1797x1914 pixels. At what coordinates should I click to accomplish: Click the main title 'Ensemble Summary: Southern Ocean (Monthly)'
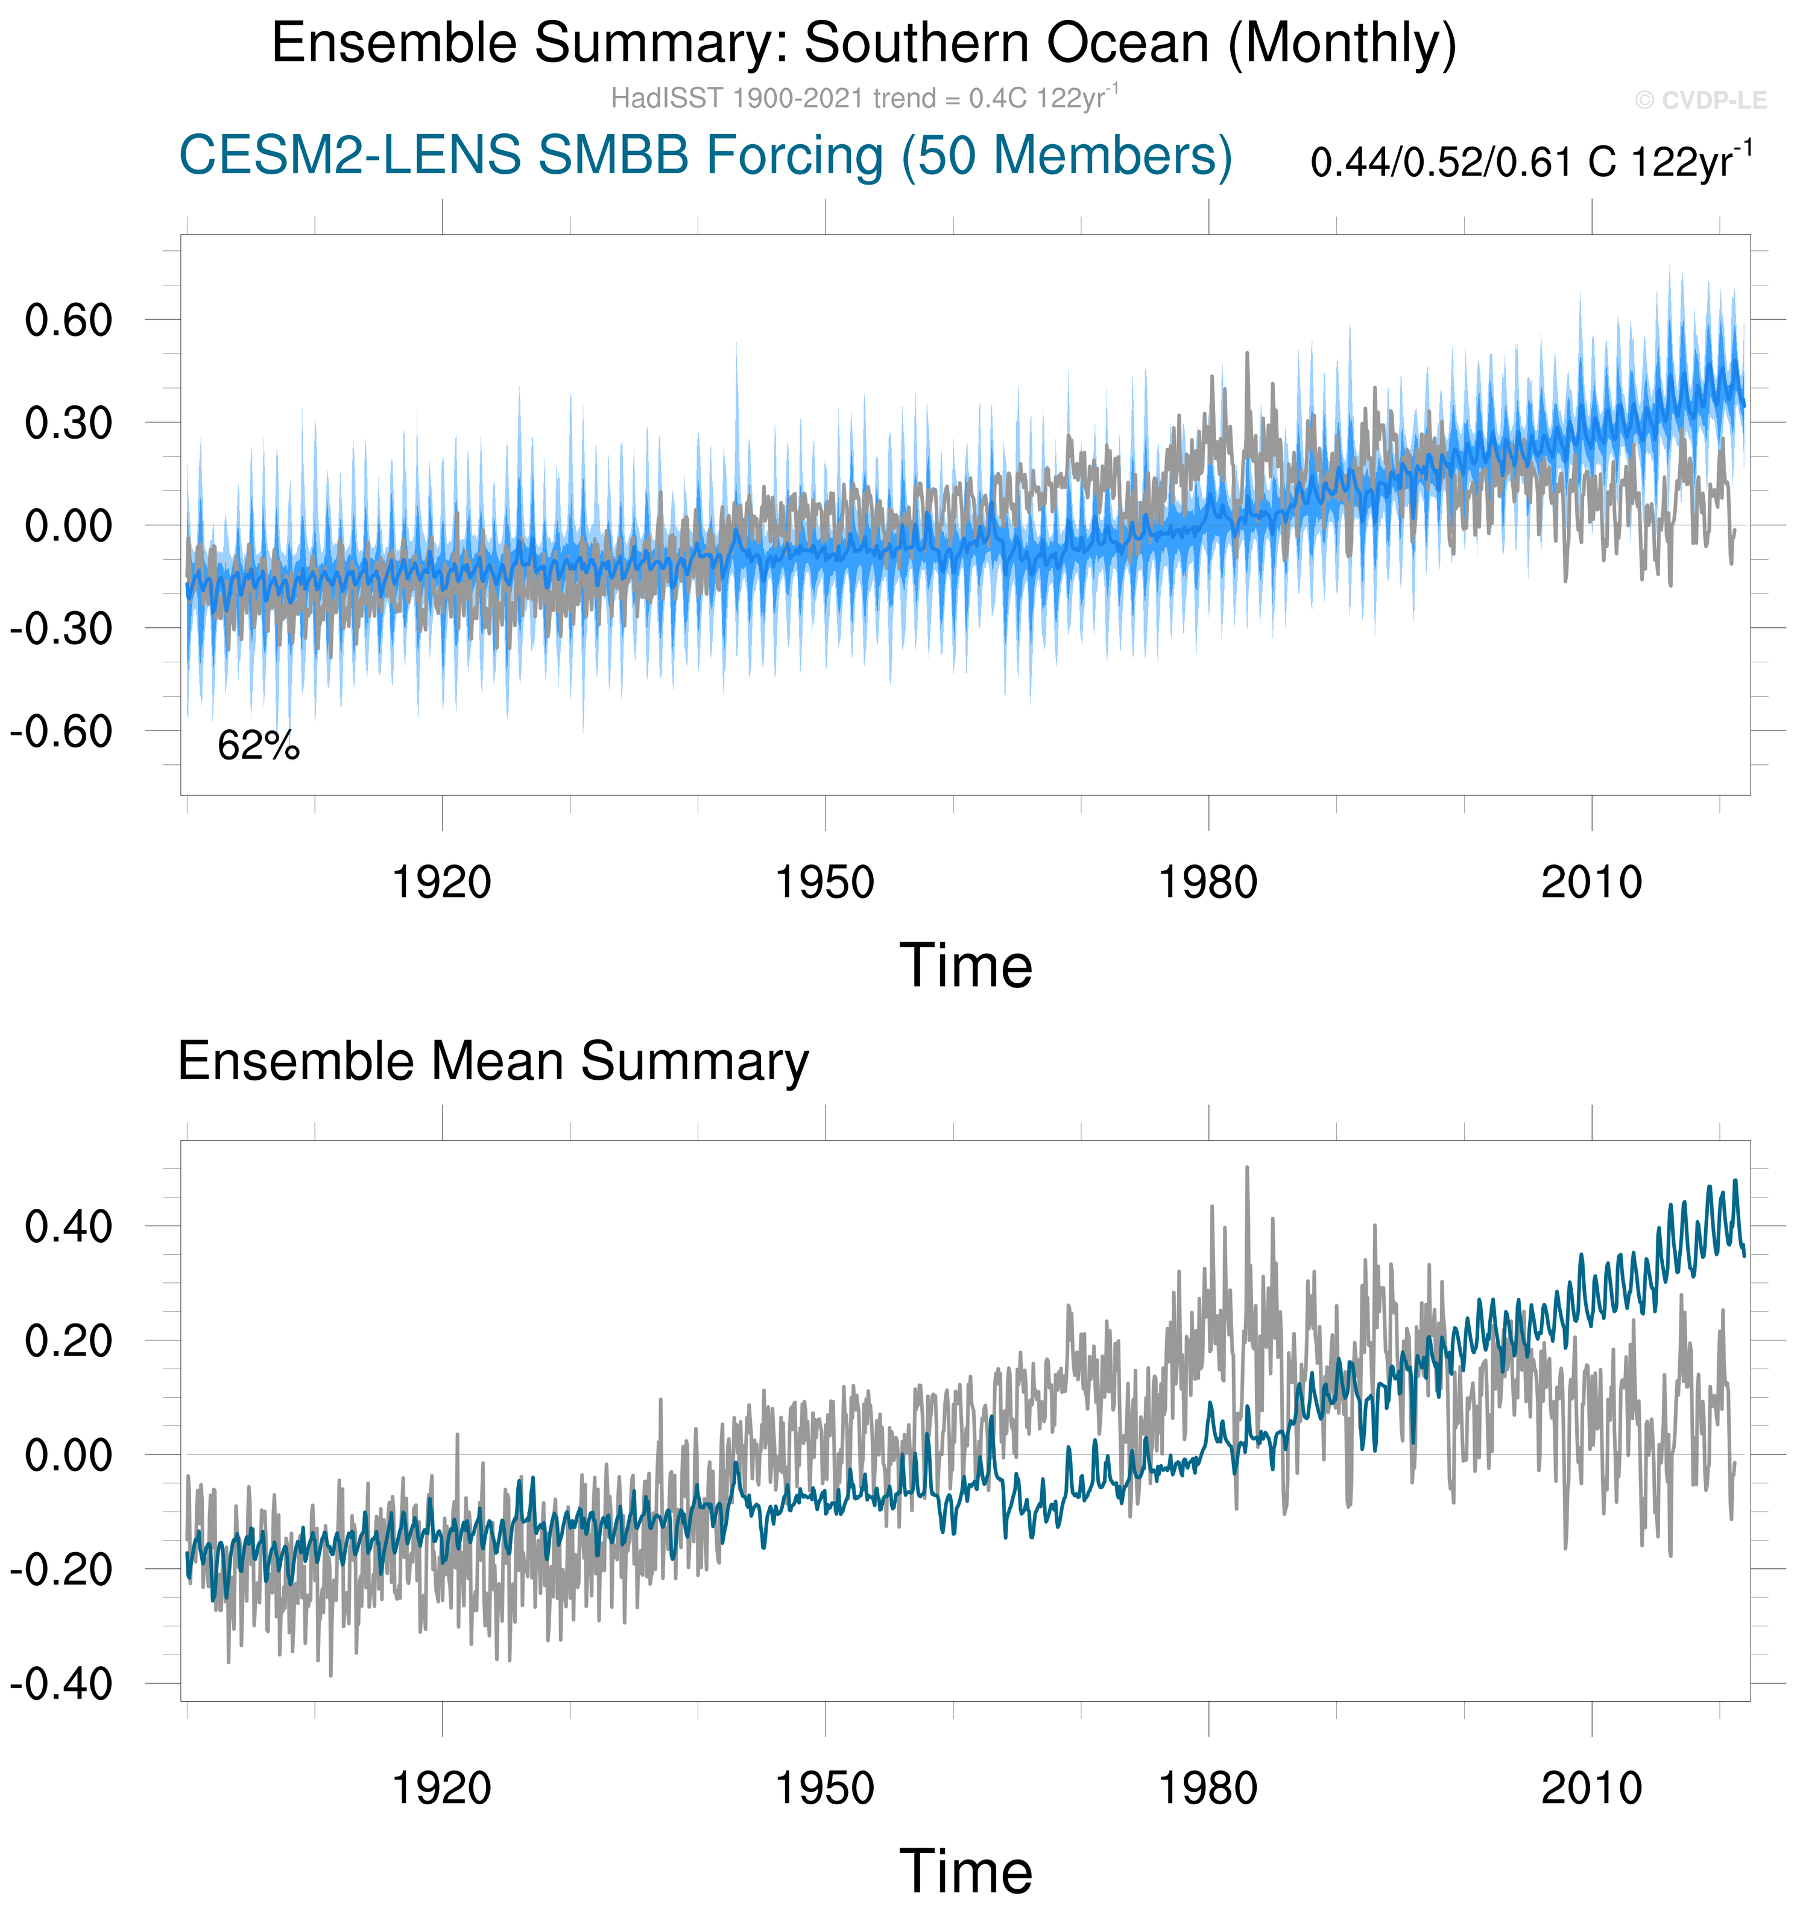click(x=864, y=43)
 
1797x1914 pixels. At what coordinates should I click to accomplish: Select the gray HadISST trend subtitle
click(x=864, y=98)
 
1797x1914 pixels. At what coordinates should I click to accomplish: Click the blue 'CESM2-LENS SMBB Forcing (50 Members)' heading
click(x=706, y=156)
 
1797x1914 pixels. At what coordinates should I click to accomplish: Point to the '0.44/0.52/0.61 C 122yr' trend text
click(x=1530, y=162)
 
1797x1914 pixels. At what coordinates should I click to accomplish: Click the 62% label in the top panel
click(x=258, y=746)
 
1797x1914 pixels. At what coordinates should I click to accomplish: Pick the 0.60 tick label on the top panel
click(x=69, y=320)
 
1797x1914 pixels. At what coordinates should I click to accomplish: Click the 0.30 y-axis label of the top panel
click(x=69, y=423)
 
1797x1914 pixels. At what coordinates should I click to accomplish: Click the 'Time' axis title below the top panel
click(x=965, y=966)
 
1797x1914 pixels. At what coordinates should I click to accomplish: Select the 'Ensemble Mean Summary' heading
click(x=493, y=1062)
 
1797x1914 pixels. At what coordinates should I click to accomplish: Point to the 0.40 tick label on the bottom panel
click(x=69, y=1228)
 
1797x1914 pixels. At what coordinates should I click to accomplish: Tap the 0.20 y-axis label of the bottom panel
click(x=69, y=1341)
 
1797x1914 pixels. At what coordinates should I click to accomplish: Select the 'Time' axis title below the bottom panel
click(x=965, y=1872)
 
